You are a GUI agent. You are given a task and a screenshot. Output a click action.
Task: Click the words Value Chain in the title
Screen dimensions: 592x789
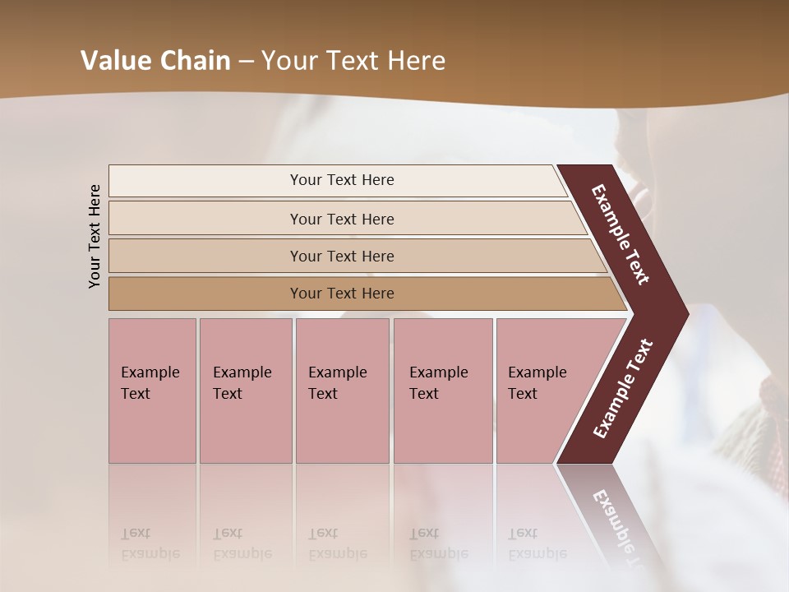click(155, 60)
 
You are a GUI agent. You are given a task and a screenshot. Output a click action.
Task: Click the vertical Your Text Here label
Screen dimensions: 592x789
click(95, 236)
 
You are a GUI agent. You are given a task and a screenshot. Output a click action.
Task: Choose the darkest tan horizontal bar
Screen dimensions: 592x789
click(205, 294)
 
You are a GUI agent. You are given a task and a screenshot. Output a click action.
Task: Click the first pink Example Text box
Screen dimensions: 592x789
click(152, 391)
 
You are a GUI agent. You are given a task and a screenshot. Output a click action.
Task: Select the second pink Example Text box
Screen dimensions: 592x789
click(245, 391)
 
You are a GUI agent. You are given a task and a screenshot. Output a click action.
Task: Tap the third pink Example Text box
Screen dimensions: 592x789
click(342, 391)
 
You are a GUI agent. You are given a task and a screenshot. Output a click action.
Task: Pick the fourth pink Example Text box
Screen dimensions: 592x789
click(442, 391)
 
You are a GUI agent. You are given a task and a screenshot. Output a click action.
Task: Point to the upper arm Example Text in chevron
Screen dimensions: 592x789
click(621, 234)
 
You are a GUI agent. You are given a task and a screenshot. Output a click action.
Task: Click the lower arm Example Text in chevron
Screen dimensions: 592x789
click(623, 389)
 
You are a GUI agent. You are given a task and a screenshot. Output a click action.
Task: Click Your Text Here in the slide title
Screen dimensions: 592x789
click(353, 60)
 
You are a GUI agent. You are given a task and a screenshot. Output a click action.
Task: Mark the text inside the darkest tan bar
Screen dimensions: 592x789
click(342, 294)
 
